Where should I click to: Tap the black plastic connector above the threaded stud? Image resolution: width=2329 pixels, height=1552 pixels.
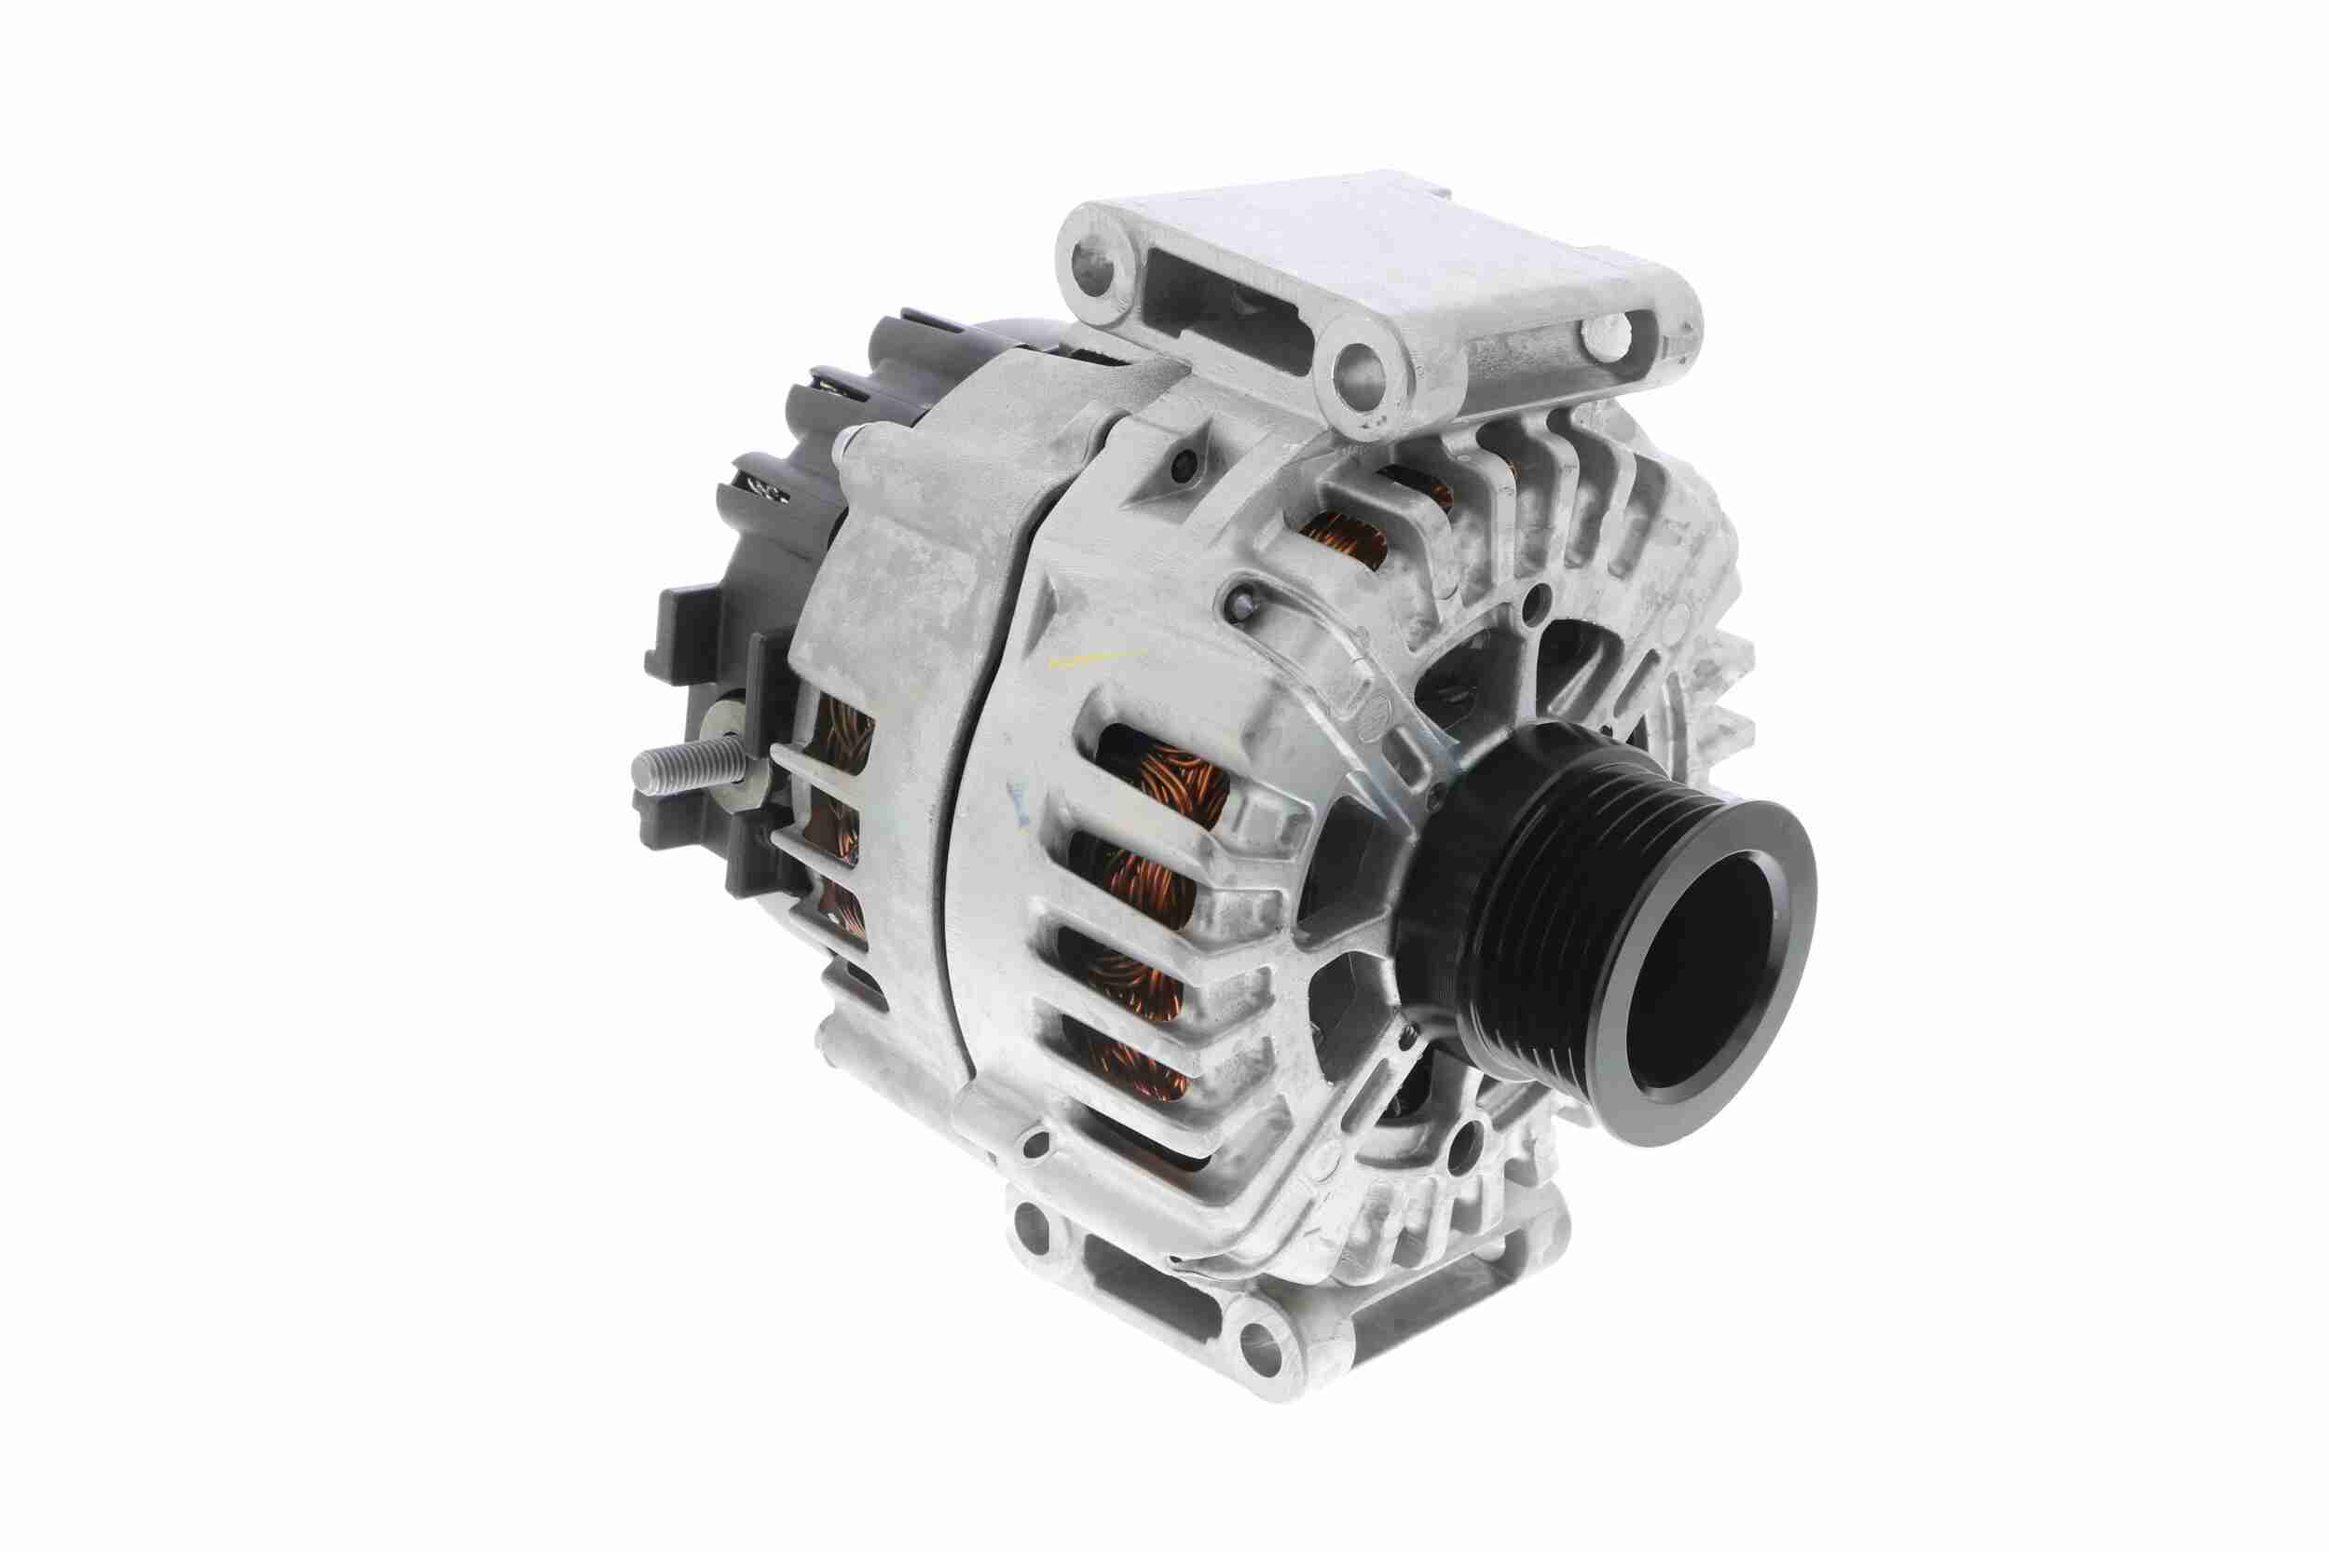pos(693,633)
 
